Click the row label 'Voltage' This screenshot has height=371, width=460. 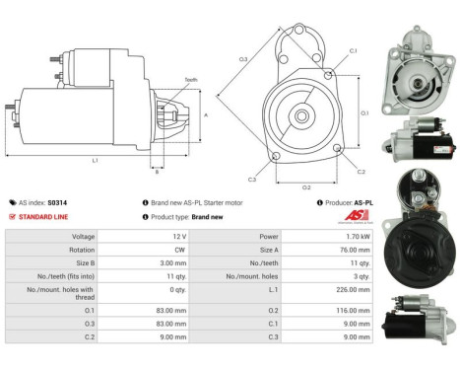point(83,237)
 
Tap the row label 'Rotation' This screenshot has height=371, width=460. point(82,251)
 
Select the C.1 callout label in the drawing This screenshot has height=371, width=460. point(353,49)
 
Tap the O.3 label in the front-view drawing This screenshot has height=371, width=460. point(242,59)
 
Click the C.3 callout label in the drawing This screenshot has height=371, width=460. point(252,179)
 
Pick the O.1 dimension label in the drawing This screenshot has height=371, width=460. point(364,112)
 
